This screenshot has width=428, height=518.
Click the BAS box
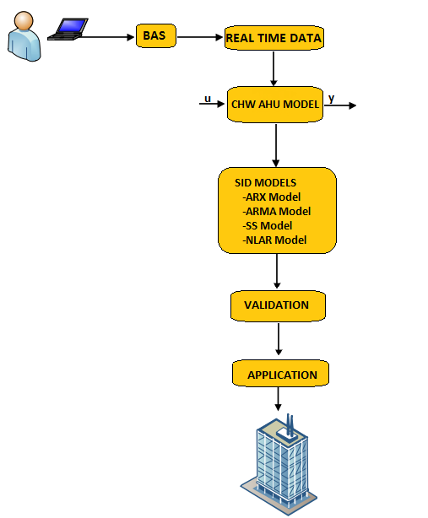tap(156, 35)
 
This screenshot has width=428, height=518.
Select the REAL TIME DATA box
tap(274, 38)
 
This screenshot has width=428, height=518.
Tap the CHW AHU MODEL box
tap(275, 105)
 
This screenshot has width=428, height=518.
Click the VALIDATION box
tap(278, 306)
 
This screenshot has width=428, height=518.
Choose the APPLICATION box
tap(280, 373)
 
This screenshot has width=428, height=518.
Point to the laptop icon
tap(68, 30)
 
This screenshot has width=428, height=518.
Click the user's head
tap(24, 20)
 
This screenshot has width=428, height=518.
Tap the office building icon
tap(279, 464)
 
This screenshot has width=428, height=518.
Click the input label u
tap(208, 99)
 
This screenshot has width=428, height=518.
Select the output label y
tap(332, 99)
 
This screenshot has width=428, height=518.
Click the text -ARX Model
tap(272, 197)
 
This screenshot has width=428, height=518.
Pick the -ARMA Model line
tap(277, 211)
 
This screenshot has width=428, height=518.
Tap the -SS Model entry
tap(268, 225)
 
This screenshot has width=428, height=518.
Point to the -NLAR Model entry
tap(274, 240)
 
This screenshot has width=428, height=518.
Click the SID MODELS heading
tap(265, 183)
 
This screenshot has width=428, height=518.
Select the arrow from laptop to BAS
tap(106, 37)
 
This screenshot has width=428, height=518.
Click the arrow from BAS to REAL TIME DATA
tap(200, 37)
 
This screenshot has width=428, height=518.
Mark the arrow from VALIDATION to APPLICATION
tap(279, 339)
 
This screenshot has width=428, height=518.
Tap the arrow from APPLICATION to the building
tap(278, 399)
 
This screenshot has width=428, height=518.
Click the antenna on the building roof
tap(290, 425)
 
